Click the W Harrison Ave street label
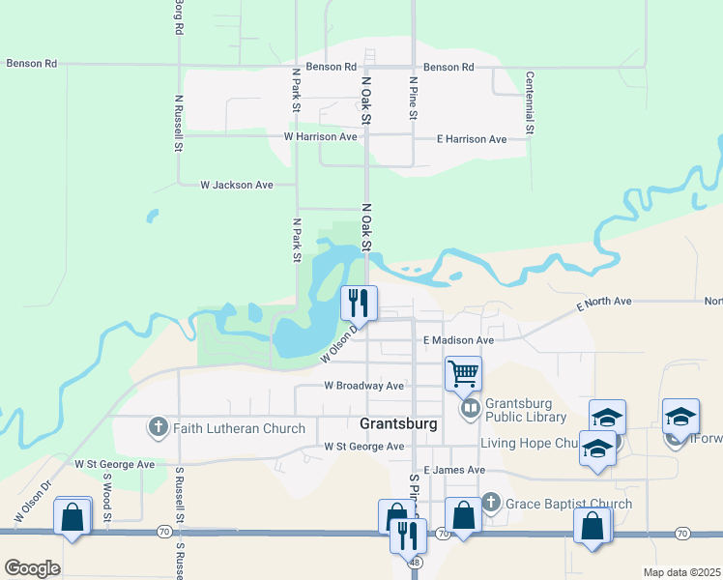pyautogui.click(x=321, y=137)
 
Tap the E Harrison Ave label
pyautogui.click(x=472, y=139)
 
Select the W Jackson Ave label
pyautogui.click(x=236, y=184)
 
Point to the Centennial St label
pyautogui.click(x=530, y=102)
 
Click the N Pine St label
pyautogui.click(x=413, y=98)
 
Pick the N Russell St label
pyautogui.click(x=179, y=123)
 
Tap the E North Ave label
pyautogui.click(x=604, y=303)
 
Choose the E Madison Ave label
pyautogui.click(x=459, y=340)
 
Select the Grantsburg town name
pyautogui.click(x=398, y=423)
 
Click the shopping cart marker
pyautogui.click(x=464, y=372)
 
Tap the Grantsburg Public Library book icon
pyautogui.click(x=470, y=409)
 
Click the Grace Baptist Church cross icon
pyautogui.click(x=491, y=503)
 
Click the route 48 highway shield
pyautogui.click(x=415, y=561)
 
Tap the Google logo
pyautogui.click(x=32, y=567)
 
